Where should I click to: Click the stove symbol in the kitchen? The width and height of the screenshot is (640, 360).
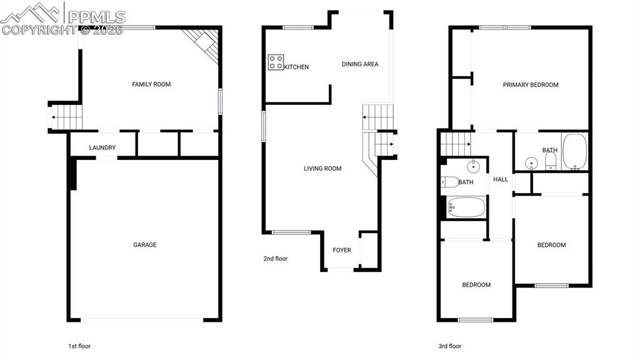tap(276, 62)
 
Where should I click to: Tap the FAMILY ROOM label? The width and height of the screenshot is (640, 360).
tap(151, 84)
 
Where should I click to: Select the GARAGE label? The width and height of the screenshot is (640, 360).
tap(145, 245)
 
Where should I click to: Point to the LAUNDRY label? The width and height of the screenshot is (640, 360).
tap(102, 147)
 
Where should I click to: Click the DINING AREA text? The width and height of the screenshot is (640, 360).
tap(360, 64)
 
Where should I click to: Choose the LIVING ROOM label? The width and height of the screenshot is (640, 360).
tap(322, 169)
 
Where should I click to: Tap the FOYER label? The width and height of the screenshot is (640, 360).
tap(342, 250)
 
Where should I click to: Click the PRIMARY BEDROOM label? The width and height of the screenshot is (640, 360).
tap(531, 85)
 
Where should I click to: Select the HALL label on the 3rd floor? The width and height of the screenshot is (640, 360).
tap(501, 179)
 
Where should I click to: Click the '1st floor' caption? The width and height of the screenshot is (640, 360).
tap(79, 346)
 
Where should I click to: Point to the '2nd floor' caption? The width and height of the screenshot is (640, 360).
tap(276, 259)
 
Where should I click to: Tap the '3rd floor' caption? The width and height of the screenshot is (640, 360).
tap(450, 346)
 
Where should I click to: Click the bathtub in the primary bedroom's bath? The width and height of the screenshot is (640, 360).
tap(575, 151)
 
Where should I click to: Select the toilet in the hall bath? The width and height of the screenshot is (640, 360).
tap(450, 182)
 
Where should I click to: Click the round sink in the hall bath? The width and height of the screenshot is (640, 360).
tap(473, 166)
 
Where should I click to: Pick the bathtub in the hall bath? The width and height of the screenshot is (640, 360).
tap(466, 207)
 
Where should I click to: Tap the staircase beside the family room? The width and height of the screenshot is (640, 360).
tap(66, 117)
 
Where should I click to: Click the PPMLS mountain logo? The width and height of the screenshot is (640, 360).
tap(30, 13)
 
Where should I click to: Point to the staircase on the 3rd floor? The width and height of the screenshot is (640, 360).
tap(456, 144)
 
